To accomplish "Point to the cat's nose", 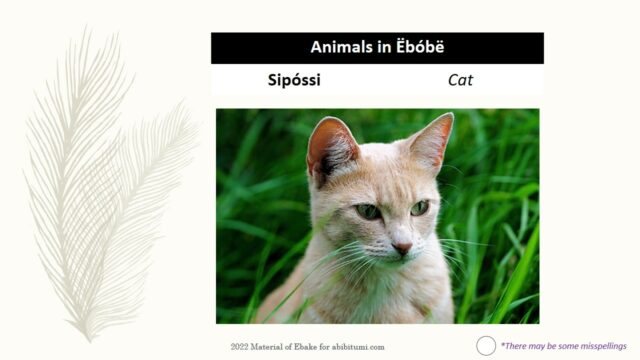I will pos(402,246).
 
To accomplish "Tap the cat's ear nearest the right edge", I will pos(434,141).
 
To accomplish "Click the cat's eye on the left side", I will pos(368,211).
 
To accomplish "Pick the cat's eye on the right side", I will pos(419,207).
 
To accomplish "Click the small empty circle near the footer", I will pos(486,346).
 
